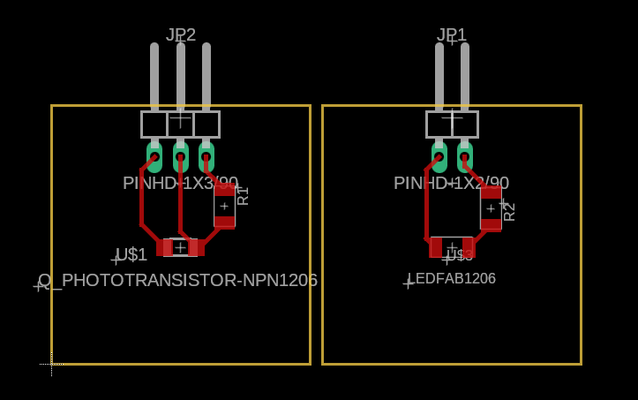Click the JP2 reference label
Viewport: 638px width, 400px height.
click(181, 34)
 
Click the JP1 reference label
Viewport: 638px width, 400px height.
click(452, 34)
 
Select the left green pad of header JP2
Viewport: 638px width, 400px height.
click(154, 158)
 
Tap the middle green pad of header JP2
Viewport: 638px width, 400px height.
click(180, 158)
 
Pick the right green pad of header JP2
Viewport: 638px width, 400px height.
click(206, 158)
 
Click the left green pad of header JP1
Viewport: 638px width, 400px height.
click(439, 158)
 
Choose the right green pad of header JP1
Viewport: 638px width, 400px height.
click(465, 158)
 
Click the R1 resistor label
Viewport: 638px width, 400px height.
click(243, 196)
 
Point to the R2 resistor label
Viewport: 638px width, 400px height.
click(509, 211)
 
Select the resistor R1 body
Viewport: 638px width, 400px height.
click(224, 206)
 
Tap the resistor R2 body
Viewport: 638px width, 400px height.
click(491, 208)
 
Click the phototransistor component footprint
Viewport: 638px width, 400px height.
click(180, 247)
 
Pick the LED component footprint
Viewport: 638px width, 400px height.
click(452, 247)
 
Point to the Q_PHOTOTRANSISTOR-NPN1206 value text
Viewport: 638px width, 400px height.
click(177, 281)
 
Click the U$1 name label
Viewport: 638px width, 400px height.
click(131, 255)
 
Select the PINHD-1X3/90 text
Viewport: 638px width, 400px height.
click(180, 184)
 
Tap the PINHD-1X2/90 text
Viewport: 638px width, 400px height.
click(451, 184)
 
